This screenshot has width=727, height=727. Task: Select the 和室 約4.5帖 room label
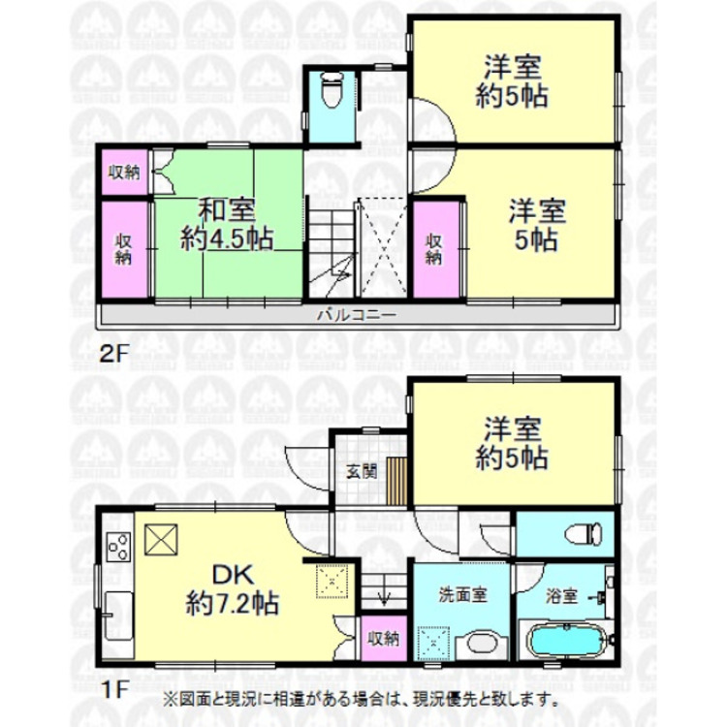tap(226, 224)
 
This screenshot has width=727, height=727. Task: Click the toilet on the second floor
tap(331, 93)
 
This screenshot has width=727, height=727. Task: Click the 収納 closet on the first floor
tap(382, 638)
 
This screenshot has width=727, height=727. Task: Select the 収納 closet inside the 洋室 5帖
tap(434, 248)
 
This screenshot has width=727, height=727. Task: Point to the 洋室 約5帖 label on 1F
tap(512, 442)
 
